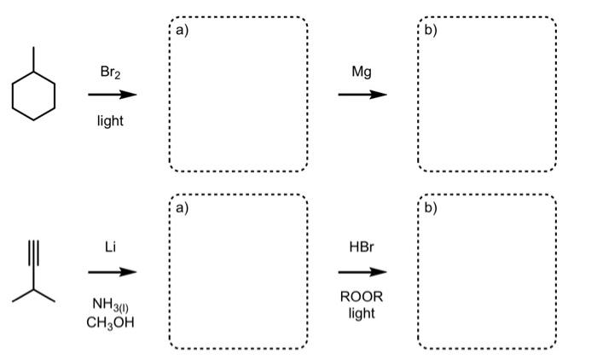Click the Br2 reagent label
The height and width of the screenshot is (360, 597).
coord(111,73)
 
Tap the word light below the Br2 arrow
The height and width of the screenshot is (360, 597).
coord(110,121)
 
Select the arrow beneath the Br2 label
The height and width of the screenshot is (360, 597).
coord(111,95)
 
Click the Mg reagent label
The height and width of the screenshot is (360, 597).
coord(361,73)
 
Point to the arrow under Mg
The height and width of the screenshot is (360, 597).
coord(361,95)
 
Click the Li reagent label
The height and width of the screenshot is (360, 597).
coord(110,247)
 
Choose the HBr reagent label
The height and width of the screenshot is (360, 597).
coord(361,247)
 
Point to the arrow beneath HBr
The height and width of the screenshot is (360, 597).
coord(361,272)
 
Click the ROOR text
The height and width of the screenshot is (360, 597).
coord(362,297)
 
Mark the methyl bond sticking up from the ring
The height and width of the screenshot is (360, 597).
coord(34,60)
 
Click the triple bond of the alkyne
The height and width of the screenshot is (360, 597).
coord(34,256)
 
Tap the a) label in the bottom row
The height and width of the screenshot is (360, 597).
coord(181,207)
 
